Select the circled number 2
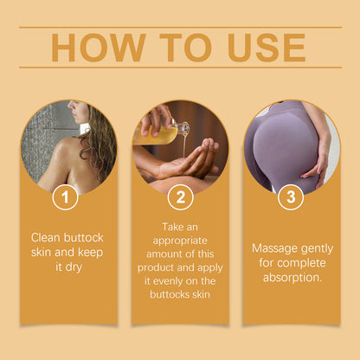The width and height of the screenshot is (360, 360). (179, 197)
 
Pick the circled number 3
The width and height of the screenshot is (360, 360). (291, 197)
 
